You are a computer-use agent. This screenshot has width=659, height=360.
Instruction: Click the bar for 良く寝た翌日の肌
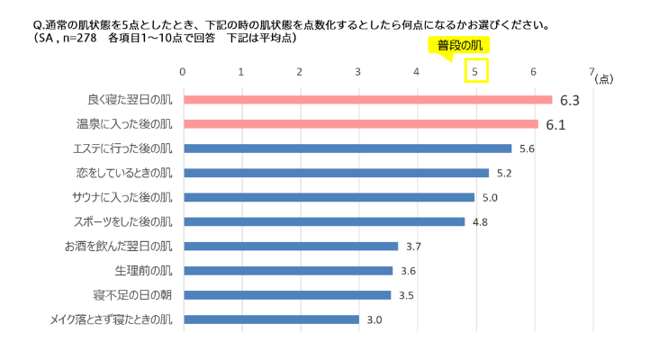367,100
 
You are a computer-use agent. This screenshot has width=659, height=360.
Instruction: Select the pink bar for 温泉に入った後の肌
361,124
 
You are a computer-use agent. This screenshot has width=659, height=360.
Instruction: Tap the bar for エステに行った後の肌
348,148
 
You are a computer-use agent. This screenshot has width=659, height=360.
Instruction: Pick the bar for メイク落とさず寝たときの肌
271,319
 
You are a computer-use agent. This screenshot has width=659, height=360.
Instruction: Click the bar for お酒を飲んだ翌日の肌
290,246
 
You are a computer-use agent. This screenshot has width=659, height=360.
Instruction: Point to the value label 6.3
569,100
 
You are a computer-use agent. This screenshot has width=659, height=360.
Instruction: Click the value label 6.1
555,124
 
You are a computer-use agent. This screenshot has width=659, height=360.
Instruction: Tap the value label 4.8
480,221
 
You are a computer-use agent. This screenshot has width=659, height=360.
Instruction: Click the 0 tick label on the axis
183,72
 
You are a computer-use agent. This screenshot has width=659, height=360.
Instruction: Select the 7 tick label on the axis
591,72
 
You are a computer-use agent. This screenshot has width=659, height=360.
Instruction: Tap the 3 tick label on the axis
358,72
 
